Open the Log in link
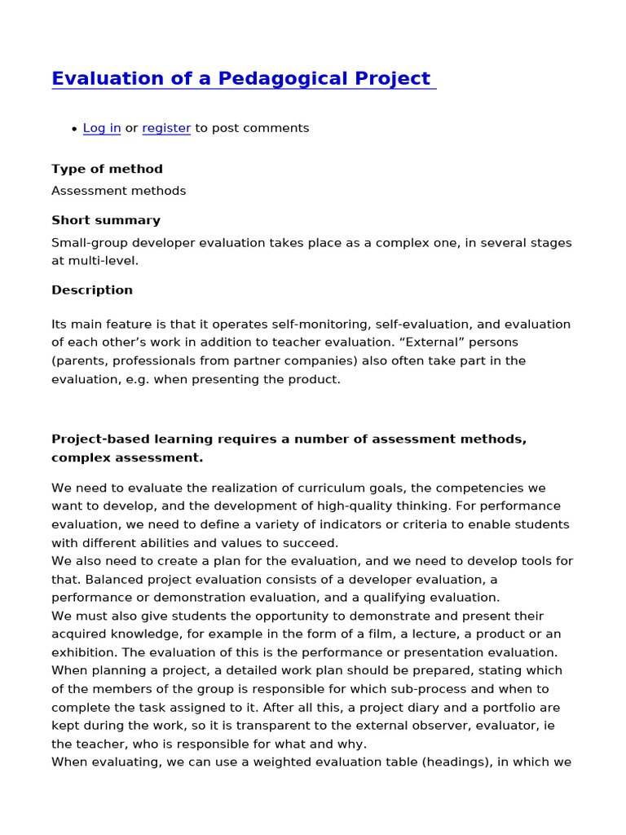click(x=102, y=128)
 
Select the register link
click(x=166, y=128)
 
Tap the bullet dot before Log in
click(x=74, y=129)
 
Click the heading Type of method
click(x=107, y=170)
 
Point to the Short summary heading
click(x=106, y=220)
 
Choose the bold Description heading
click(x=92, y=290)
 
